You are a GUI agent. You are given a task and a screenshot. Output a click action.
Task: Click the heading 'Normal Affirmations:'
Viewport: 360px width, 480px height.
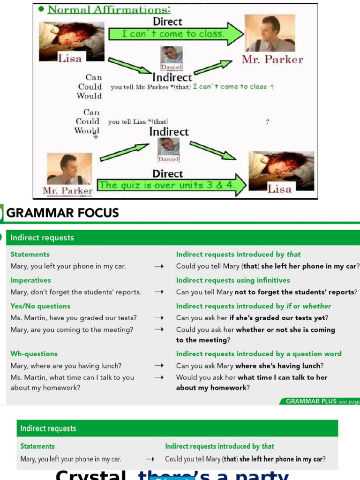click(109, 9)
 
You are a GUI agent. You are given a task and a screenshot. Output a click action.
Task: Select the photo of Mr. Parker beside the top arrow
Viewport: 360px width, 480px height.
click(270, 33)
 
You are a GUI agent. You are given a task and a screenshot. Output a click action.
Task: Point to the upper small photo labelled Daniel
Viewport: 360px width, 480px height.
click(171, 55)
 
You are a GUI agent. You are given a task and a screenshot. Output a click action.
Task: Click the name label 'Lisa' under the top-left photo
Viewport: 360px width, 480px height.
click(69, 58)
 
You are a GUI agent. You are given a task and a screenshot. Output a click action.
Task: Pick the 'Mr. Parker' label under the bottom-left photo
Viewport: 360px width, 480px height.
click(67, 191)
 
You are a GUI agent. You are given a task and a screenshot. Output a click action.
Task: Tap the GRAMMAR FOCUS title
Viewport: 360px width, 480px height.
click(62, 213)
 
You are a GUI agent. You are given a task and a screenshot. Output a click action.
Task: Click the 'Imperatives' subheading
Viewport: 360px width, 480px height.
click(30, 280)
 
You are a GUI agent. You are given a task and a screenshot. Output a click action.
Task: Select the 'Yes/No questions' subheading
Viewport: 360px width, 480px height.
click(40, 306)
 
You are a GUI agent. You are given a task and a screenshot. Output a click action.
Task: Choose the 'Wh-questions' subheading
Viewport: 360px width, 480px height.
click(34, 354)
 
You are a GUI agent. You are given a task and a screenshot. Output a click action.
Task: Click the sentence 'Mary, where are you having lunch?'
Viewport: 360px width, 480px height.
click(66, 366)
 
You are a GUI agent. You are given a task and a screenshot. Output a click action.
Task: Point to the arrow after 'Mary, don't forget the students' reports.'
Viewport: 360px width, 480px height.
click(159, 292)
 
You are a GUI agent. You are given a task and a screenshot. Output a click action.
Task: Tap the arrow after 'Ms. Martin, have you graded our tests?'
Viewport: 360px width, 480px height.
click(159, 318)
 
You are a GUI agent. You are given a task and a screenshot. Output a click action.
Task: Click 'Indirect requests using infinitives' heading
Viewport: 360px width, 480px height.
click(233, 280)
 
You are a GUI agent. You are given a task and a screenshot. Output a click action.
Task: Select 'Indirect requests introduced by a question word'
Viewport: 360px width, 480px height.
click(259, 354)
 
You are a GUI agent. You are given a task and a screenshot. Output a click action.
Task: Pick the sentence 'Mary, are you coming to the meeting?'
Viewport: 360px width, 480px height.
click(72, 330)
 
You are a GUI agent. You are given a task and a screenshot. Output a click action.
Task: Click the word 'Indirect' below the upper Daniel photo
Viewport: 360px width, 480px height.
click(172, 77)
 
